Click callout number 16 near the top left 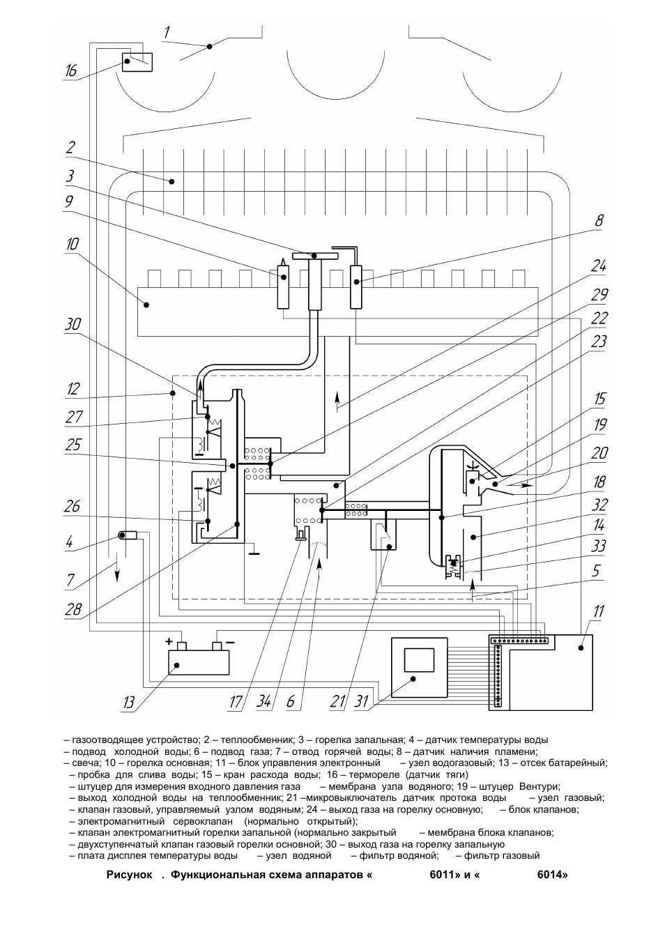(x=70, y=71)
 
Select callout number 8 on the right (x=599, y=221)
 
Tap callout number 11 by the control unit (x=599, y=612)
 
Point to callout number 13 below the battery (x=128, y=703)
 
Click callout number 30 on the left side (x=73, y=324)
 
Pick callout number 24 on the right (x=599, y=266)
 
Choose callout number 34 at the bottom (x=263, y=702)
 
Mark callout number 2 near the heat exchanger (x=70, y=148)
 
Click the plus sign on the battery (x=169, y=640)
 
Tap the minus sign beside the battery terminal (x=230, y=640)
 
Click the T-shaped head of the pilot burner (x=316, y=257)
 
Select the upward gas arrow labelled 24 (x=338, y=399)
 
